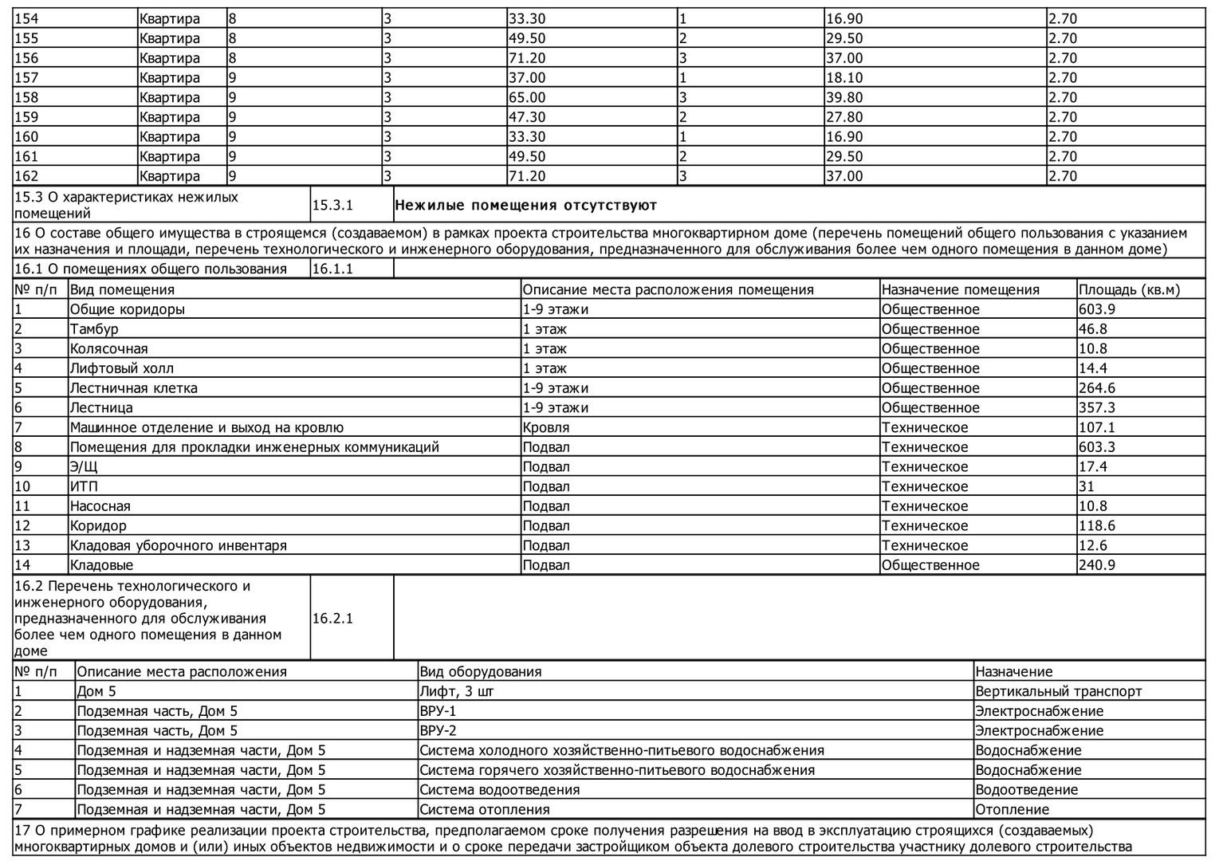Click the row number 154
click(26, 19)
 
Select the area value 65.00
click(527, 98)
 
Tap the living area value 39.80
click(844, 98)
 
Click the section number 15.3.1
click(332, 206)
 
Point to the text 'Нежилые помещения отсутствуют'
click(525, 206)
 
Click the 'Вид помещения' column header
click(122, 290)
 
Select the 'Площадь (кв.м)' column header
click(1129, 290)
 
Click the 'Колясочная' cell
click(109, 349)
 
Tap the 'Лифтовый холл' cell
click(122, 369)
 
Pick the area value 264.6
click(1096, 389)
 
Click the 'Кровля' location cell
click(546, 428)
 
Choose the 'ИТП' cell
click(84, 487)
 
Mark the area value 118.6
click(1096, 526)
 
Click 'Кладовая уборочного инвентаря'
click(179, 546)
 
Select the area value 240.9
click(1096, 566)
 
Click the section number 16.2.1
click(332, 619)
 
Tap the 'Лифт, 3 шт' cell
click(457, 692)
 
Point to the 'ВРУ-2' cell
click(438, 731)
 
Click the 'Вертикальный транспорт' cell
click(1058, 692)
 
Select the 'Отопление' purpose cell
click(1012, 810)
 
